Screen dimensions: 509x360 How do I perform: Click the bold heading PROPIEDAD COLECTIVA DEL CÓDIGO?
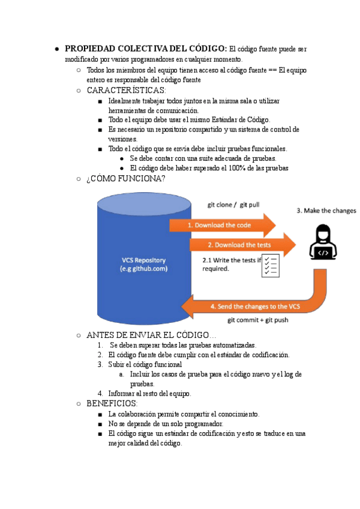tap(146, 49)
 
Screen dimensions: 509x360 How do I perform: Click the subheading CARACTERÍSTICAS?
tap(126, 91)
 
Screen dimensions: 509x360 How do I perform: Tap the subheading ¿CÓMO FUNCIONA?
tap(126, 179)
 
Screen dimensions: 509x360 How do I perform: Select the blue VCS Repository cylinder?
tap(144, 288)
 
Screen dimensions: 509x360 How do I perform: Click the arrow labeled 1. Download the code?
tap(222, 225)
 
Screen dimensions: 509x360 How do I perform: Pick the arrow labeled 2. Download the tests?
tap(240, 245)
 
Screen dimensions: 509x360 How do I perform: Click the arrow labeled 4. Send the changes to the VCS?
tap(252, 307)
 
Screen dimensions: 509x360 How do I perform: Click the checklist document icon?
tap(270, 265)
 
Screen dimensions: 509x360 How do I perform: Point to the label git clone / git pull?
tap(233, 205)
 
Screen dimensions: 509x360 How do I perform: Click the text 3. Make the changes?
tap(326, 211)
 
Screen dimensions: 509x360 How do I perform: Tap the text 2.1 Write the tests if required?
tap(232, 265)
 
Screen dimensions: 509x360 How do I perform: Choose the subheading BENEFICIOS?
tap(112, 404)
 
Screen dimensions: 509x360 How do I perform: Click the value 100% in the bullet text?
tap(230, 168)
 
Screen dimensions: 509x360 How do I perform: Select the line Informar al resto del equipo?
tap(149, 394)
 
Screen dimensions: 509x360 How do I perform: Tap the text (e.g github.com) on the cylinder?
tap(143, 269)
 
